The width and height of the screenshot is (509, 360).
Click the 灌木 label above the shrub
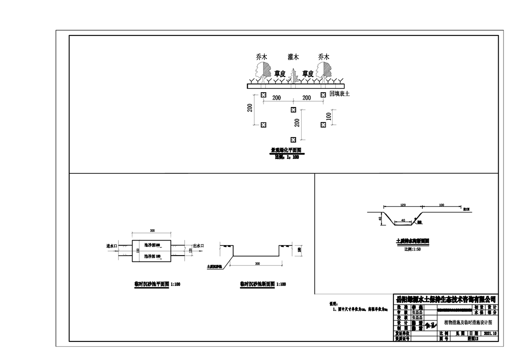point(293,57)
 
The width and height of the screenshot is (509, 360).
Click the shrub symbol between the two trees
point(294,76)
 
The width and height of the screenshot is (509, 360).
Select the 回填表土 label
point(340,94)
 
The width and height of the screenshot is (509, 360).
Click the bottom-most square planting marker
point(293,139)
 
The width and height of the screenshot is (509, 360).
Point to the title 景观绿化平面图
point(286,150)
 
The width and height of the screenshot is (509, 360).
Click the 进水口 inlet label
point(112,246)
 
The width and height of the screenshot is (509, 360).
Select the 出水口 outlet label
point(199,246)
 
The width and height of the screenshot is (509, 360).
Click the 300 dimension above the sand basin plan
point(152,231)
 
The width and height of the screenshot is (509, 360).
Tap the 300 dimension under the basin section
point(257,263)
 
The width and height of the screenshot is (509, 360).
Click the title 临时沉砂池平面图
point(152,284)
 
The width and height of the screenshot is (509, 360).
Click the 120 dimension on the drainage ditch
point(402,205)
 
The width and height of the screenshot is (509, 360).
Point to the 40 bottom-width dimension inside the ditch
point(402,221)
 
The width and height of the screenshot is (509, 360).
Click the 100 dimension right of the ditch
point(441,205)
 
